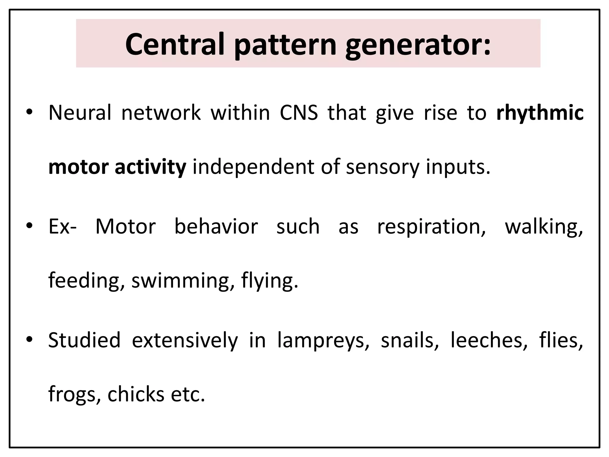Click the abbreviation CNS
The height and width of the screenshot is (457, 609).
[299, 113]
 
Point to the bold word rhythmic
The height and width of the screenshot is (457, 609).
[540, 113]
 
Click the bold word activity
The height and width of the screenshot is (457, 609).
[150, 167]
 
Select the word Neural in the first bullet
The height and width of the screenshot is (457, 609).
[80, 113]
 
